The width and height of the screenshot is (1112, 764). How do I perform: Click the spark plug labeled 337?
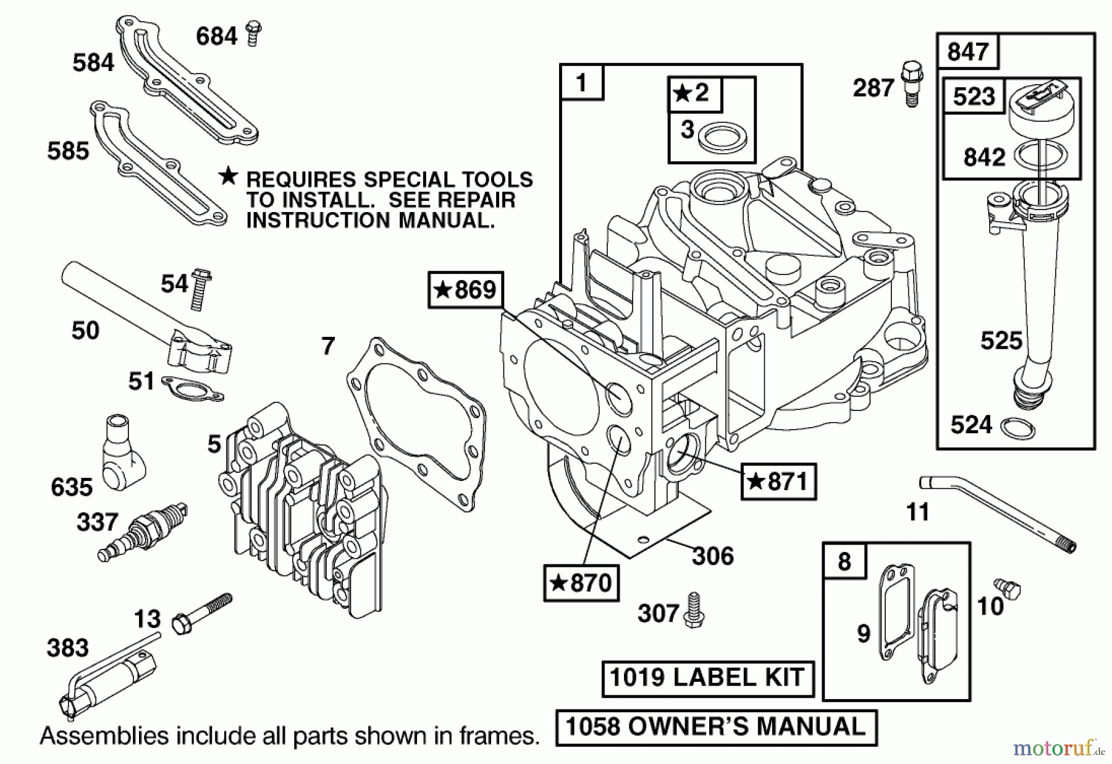click(x=142, y=531)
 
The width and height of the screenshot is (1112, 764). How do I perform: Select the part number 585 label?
click(x=68, y=151)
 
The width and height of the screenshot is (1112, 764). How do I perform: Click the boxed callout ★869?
click(x=466, y=289)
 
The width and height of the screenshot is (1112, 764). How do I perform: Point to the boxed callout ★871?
click(x=778, y=481)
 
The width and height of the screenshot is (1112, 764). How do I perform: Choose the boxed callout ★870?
click(x=581, y=582)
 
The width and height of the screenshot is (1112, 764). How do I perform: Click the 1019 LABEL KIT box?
click(x=707, y=677)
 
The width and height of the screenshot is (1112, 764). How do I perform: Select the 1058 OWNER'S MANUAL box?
click(x=716, y=727)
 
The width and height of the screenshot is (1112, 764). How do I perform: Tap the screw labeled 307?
click(x=694, y=610)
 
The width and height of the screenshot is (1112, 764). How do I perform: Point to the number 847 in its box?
click(x=967, y=51)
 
